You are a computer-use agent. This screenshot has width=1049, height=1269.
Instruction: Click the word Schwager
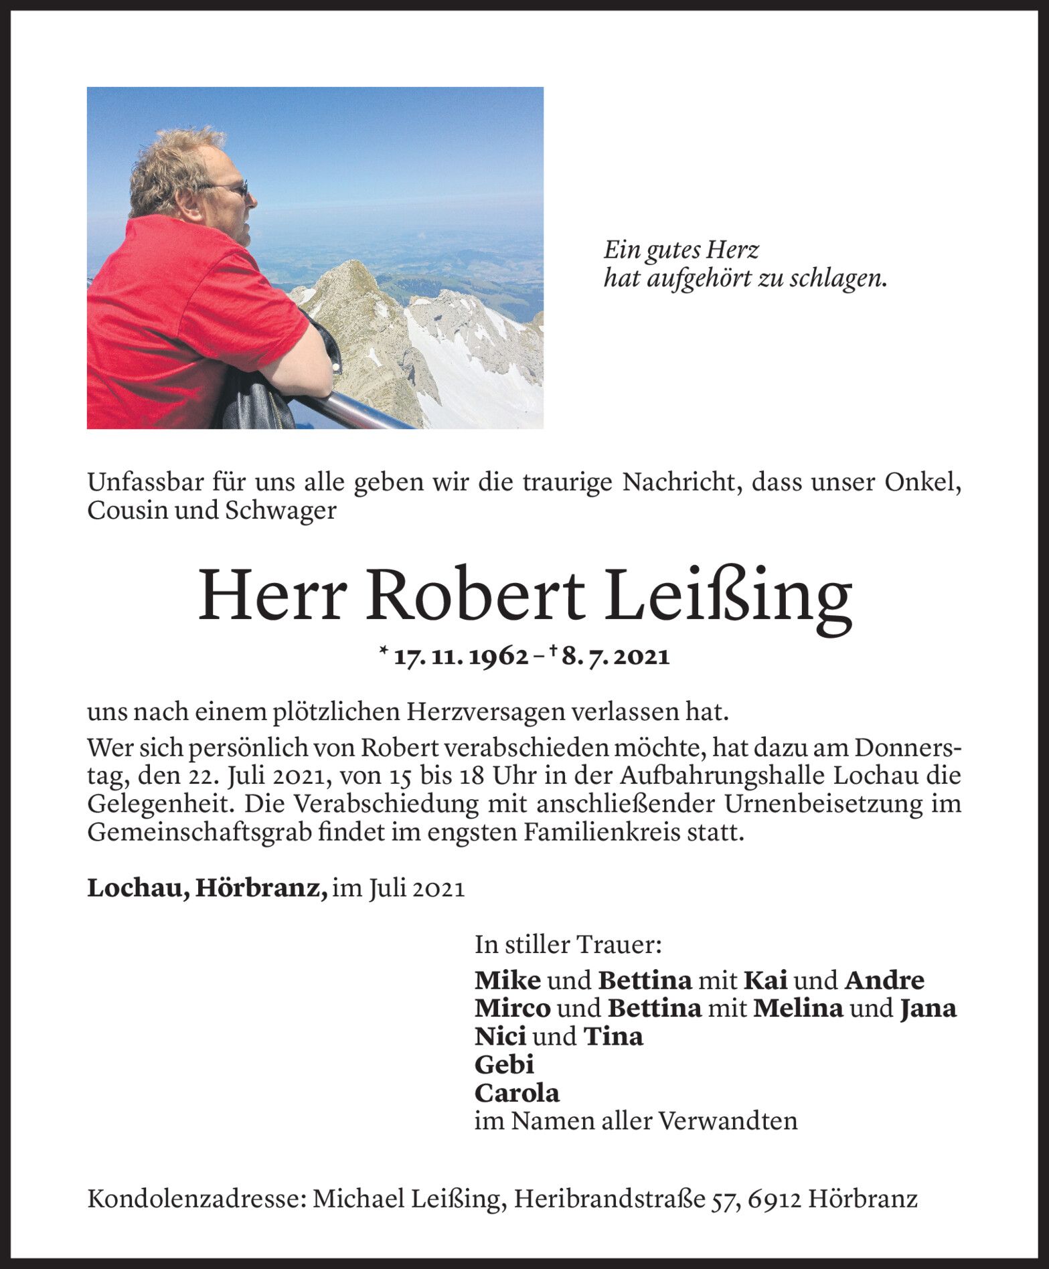(x=280, y=511)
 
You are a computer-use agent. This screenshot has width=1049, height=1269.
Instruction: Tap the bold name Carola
(x=517, y=1093)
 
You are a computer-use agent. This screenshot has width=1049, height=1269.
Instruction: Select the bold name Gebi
(x=504, y=1064)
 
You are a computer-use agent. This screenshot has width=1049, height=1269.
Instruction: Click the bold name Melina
(x=797, y=1008)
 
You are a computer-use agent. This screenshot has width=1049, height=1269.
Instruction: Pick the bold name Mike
(x=507, y=980)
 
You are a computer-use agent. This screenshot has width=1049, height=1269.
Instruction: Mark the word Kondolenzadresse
(x=195, y=1199)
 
